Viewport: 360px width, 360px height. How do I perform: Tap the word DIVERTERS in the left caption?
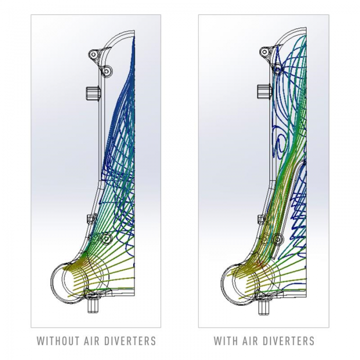click(133, 340)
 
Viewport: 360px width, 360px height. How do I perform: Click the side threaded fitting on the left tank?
click(93, 93)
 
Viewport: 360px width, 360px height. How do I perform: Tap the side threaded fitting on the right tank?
click(264, 92)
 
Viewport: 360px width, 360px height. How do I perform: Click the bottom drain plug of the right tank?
click(264, 307)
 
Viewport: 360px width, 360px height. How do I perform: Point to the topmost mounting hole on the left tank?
click(94, 55)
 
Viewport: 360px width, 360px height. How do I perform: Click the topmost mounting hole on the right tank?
click(264, 51)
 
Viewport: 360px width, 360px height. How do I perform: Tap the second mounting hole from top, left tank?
click(106, 71)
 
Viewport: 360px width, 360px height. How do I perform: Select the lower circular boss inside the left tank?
click(106, 239)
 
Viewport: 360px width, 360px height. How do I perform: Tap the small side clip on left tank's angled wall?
click(91, 218)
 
